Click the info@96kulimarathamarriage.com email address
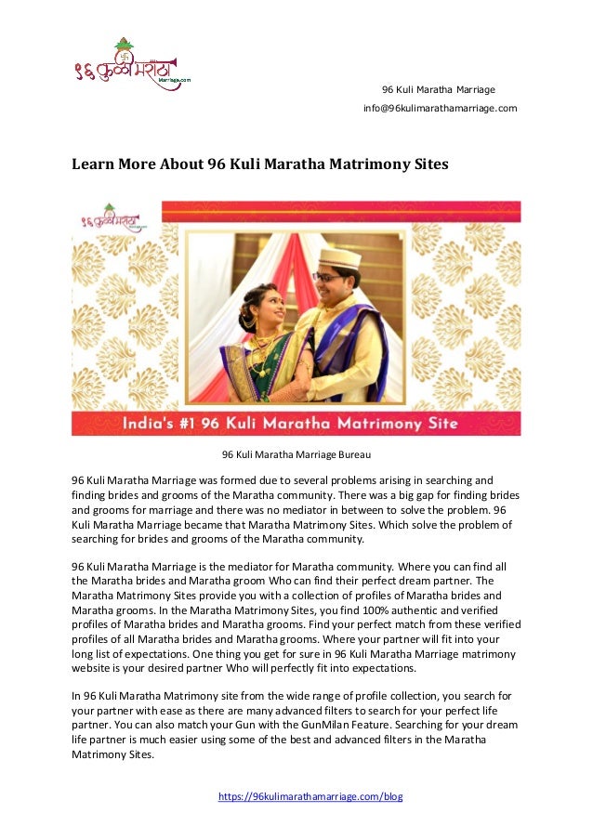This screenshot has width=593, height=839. pyautogui.click(x=440, y=109)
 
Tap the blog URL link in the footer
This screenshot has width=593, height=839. pyautogui.click(x=310, y=797)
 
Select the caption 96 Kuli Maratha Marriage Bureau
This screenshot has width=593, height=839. pyautogui.click(x=296, y=454)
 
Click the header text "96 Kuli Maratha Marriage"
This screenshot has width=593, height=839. pyautogui.click(x=439, y=89)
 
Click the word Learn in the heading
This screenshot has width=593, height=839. pyautogui.click(x=92, y=164)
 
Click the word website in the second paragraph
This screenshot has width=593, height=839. pyautogui.click(x=94, y=669)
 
